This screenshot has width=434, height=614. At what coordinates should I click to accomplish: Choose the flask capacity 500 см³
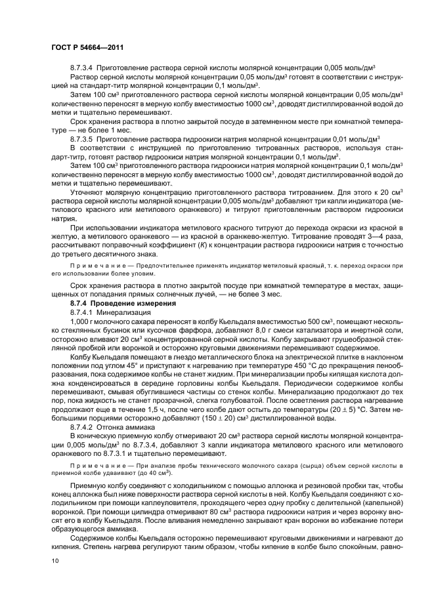pos(316,322)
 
